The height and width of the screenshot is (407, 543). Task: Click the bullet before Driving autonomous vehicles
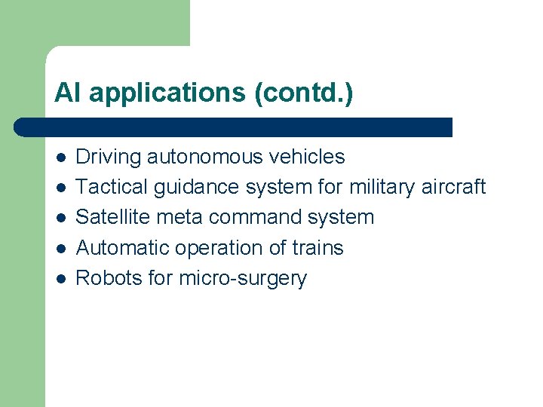60,157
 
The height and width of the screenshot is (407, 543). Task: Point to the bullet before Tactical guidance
60,187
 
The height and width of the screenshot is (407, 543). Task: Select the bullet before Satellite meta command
60,218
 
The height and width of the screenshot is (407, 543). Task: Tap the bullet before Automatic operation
60,248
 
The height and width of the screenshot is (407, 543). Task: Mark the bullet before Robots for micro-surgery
60,278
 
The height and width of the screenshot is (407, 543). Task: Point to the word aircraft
456,187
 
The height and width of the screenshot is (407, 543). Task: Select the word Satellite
114,217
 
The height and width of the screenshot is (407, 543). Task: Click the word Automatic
121,248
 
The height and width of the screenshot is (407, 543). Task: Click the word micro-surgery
243,279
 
